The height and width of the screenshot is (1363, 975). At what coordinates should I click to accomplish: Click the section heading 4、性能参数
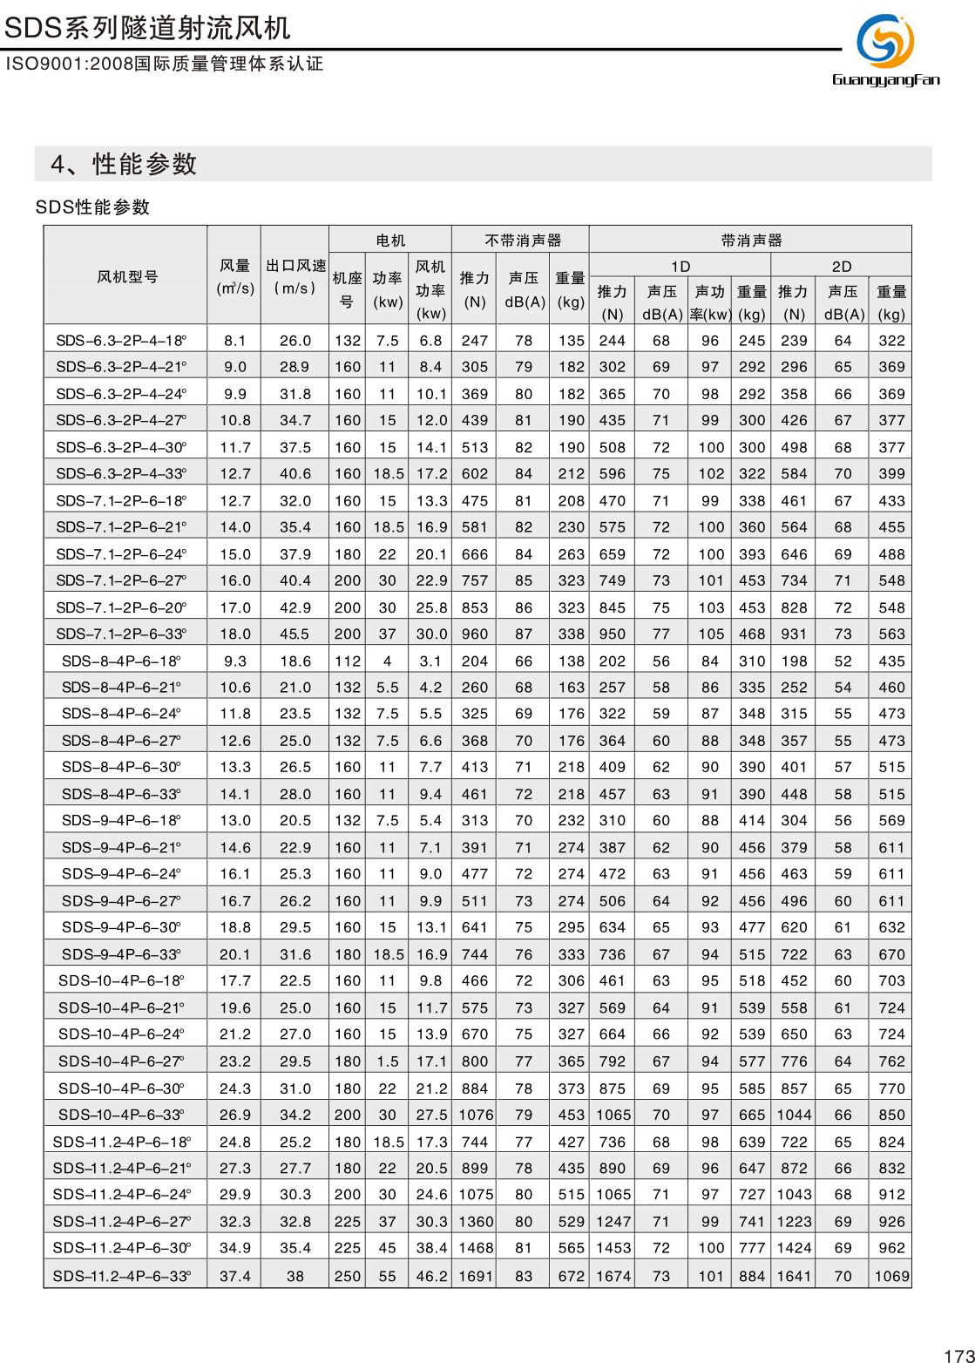coord(124,164)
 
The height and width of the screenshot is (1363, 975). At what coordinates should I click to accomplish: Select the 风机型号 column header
coord(127,276)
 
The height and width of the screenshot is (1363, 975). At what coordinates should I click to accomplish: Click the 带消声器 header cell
coord(751,240)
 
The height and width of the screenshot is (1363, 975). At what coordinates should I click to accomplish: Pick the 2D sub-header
coord(841,266)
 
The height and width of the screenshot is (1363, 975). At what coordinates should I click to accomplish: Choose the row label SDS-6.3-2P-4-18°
coord(121,340)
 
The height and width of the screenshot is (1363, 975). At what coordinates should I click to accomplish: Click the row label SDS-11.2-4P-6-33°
coord(122,1276)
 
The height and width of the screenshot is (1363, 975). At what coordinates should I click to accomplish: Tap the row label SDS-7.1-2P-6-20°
coord(121,607)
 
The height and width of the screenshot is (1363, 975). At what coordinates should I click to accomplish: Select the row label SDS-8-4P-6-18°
coord(121,661)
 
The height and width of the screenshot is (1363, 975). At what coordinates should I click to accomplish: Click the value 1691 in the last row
coord(475,1276)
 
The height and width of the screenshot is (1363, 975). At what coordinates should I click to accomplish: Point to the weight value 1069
coord(891,1276)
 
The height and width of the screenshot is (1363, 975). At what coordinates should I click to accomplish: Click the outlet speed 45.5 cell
coord(295,634)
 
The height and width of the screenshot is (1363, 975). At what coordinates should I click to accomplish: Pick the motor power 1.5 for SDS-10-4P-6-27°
coord(387,1061)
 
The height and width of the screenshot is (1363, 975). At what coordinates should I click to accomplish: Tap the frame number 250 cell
coord(347,1276)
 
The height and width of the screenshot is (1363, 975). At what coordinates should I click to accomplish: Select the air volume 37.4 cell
coord(234,1276)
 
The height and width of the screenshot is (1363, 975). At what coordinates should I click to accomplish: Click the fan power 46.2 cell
coord(430,1276)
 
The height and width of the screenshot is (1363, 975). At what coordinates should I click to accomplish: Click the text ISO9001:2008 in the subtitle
coord(56,64)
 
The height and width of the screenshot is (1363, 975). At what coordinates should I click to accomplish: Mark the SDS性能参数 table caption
coord(92,207)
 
